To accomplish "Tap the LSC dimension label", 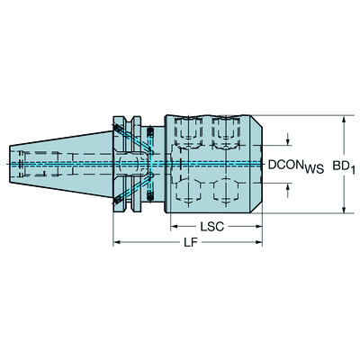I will (213, 227).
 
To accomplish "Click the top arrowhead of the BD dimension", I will (345, 119).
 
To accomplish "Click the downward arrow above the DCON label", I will (288, 144).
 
